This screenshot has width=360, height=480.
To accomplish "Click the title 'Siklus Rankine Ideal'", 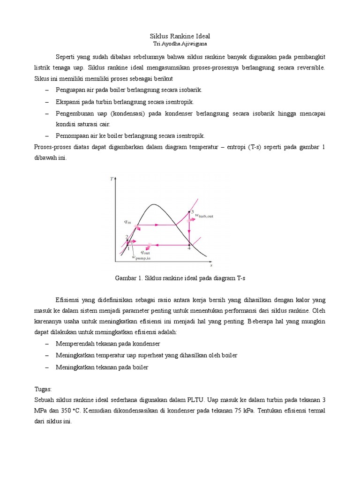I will (180, 36).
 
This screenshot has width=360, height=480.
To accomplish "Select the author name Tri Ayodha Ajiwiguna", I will (180, 44).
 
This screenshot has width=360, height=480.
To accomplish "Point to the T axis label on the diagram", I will (112, 179).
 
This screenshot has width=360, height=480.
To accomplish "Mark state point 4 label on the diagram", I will (189, 248).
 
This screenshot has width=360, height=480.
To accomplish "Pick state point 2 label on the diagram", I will (127, 237).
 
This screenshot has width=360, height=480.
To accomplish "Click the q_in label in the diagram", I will (127, 222).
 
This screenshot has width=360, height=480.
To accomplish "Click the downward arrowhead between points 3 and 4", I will (189, 234).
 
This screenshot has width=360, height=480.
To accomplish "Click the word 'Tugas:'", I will (44, 389).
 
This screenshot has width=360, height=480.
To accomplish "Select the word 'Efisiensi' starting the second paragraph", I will (68, 300).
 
